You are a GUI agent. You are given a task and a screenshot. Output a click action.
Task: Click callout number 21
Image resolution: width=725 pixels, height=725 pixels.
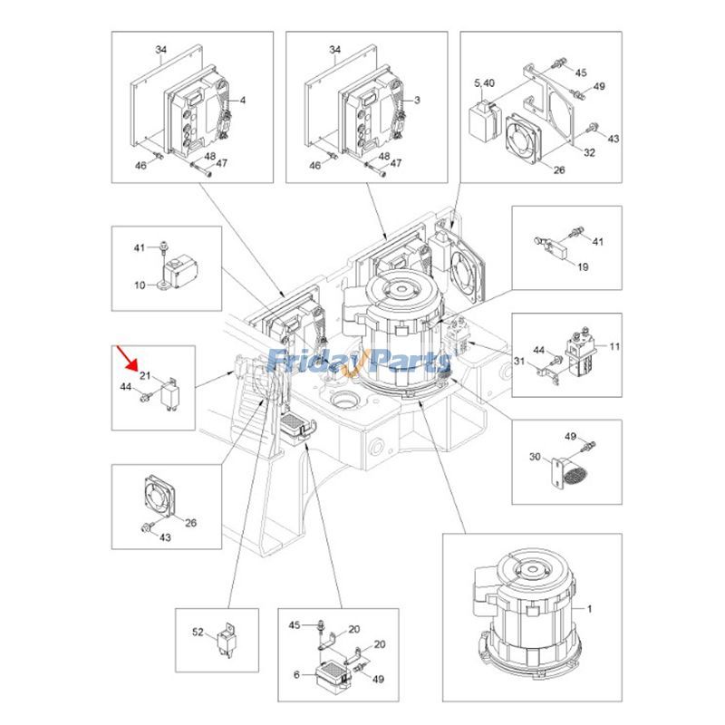coord(144,375)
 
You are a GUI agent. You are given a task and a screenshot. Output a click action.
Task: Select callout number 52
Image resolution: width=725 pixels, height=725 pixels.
coord(198,631)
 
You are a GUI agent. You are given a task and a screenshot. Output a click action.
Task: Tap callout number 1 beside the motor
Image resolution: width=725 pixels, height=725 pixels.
coord(592,610)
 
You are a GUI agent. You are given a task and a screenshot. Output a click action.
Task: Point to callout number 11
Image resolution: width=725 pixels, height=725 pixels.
coord(614,346)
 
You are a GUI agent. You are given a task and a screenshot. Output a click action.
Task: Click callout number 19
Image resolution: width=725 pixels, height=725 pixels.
coord(583,266)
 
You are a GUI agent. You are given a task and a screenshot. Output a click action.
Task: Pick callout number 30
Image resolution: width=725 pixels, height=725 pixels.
coord(536,457)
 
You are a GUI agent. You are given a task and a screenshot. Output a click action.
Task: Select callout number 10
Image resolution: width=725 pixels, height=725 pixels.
coord(140,285)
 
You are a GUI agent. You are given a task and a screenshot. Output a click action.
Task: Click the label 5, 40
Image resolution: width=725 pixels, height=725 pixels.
coord(484,82)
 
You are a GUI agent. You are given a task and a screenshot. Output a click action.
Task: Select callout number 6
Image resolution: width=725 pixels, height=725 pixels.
coord(295,674)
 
